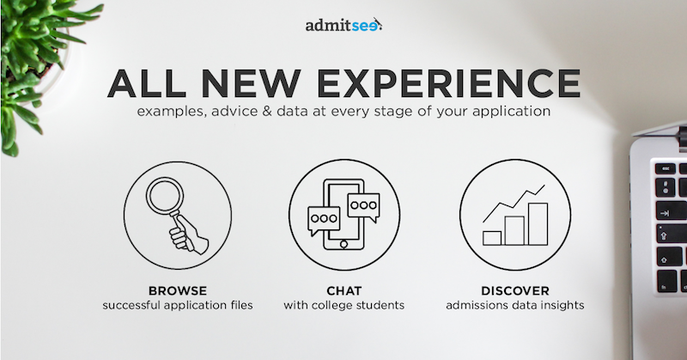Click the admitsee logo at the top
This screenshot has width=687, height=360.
click(343, 25)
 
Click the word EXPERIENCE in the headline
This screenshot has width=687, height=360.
click(448, 83)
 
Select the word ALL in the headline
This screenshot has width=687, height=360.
click(146, 83)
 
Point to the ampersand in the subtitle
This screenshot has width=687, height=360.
click(267, 111)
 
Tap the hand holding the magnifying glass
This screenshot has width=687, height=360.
click(189, 236)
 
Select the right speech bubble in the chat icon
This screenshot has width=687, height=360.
click(363, 207)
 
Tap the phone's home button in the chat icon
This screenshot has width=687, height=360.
click(344, 244)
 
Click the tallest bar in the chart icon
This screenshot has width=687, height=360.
click(538, 224)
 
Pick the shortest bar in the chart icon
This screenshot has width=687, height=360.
click(492, 238)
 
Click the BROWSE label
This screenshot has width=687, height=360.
click(178, 290)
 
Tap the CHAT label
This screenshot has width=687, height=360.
click(344, 290)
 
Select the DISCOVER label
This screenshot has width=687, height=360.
click(514, 290)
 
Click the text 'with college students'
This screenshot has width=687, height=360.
click(344, 305)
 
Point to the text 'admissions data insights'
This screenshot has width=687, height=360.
click(514, 305)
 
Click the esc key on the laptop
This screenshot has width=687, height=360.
click(666, 168)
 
